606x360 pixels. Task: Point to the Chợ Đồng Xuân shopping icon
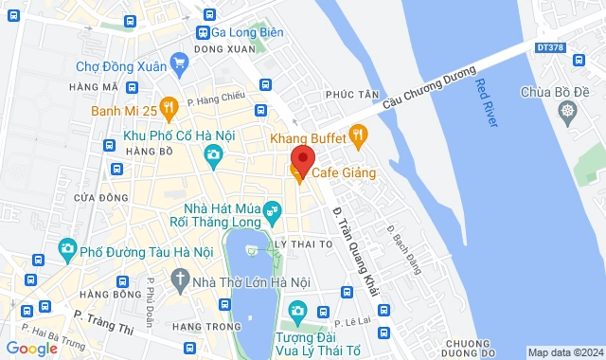click(180, 65)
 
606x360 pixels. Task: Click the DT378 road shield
click(549, 45)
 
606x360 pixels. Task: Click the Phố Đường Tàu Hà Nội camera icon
click(67, 250)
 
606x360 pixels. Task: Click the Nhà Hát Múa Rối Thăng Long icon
click(273, 209)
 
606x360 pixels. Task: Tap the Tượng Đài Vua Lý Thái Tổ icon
click(297, 311)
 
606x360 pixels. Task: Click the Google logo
click(31, 348)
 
